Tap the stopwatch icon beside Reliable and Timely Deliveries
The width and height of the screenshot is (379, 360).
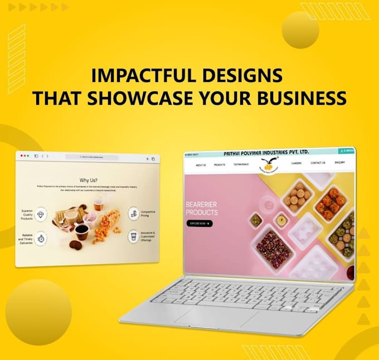42,239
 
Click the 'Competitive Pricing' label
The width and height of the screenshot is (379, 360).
148,213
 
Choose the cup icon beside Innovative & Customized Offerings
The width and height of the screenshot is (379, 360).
133,237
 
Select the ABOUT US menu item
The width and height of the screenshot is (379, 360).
200,165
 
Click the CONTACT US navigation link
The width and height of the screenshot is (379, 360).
318,163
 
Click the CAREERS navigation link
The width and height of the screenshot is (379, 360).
296,163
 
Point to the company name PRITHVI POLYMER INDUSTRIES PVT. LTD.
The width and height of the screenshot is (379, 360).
265,153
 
